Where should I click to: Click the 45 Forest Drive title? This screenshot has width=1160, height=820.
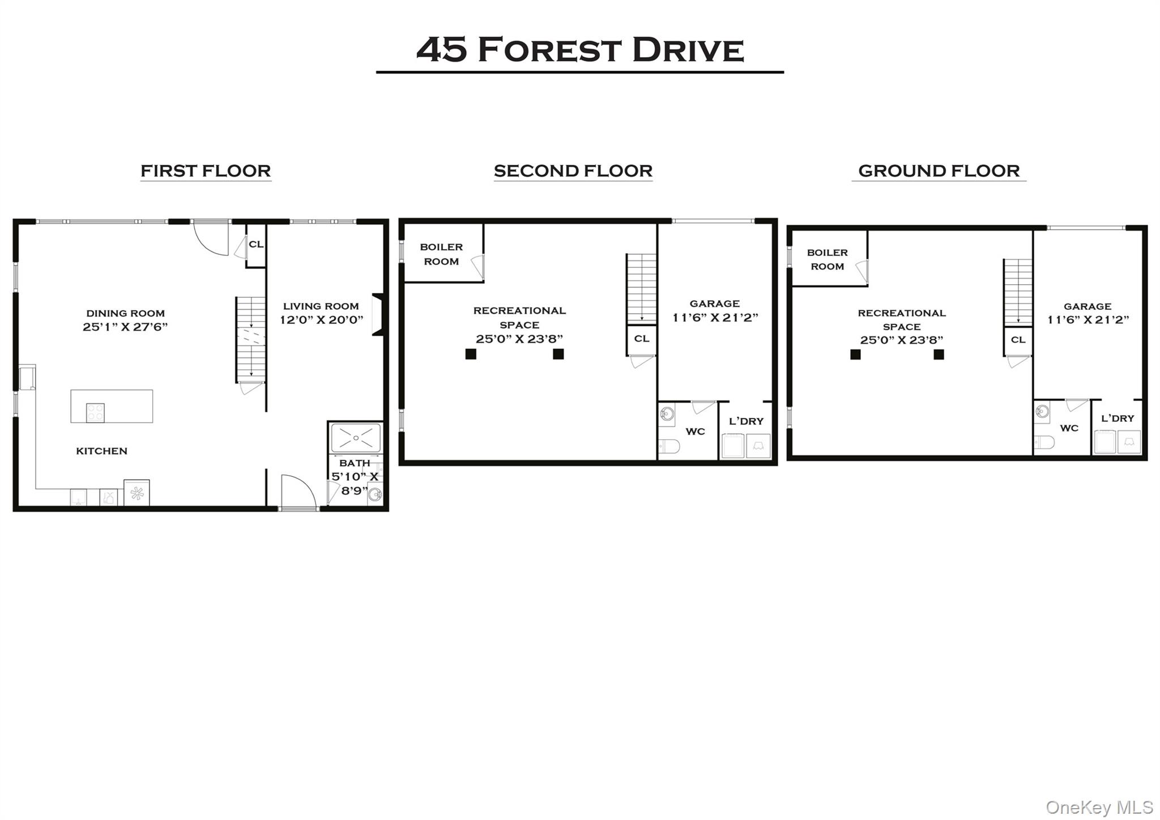[579, 49]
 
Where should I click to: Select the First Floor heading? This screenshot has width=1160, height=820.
[206, 171]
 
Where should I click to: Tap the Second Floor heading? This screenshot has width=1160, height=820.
[573, 171]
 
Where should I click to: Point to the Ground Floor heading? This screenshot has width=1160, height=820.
[939, 171]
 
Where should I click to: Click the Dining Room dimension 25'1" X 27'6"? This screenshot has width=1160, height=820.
[125, 327]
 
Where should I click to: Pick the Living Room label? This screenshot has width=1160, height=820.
[321, 306]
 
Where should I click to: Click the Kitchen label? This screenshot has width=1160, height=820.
[102, 451]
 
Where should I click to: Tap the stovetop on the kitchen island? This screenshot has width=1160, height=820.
[95, 412]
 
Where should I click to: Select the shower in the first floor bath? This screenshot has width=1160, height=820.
[356, 438]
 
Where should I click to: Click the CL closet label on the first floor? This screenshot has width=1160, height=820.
[256, 244]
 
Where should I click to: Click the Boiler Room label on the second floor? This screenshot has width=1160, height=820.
[441, 254]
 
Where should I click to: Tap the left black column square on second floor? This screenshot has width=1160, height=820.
[471, 354]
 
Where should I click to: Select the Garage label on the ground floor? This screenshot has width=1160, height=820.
[1087, 306]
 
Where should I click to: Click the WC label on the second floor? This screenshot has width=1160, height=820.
[696, 432]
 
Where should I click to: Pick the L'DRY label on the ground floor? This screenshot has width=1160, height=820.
[1118, 418]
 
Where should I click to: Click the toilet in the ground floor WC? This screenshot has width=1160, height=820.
[1044, 442]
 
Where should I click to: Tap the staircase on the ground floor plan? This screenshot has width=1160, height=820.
[1018, 292]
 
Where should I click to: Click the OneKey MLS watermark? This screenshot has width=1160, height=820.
[1099, 807]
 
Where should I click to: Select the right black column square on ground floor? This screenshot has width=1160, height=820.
[939, 355]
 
